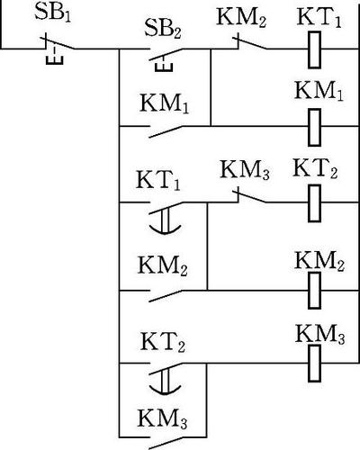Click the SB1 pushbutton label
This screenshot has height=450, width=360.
53,13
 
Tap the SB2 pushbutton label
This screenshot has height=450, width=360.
163,30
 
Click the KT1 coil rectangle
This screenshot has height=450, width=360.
314,49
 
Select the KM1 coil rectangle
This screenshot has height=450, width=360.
314,127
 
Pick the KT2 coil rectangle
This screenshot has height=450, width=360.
314,203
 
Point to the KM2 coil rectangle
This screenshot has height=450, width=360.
314,290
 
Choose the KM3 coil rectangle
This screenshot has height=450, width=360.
314,364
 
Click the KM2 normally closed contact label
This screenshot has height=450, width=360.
241,19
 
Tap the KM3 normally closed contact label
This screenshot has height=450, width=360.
245,170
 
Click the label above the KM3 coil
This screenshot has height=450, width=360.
319,334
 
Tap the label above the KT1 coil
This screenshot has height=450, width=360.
319,18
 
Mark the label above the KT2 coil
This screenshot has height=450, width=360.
315,168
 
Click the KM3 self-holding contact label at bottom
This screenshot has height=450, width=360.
162,418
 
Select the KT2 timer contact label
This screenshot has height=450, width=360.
163,342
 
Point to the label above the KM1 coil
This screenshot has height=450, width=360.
319,91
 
